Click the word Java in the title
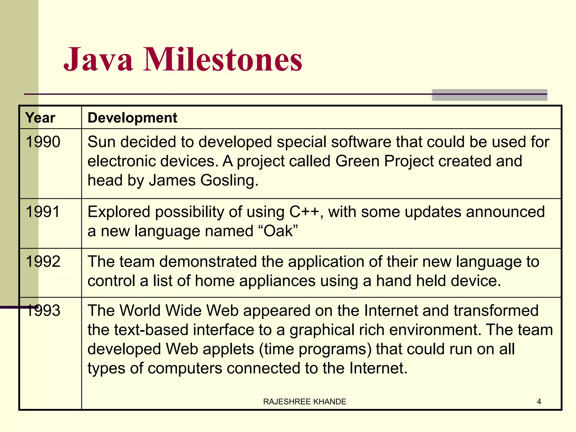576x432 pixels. point(98,60)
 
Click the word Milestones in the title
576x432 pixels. point(223,60)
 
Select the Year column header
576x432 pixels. point(40,118)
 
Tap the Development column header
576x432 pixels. point(132,118)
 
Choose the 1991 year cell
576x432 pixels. point(43,211)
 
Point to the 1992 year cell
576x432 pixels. point(43,261)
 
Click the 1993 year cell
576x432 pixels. point(43,310)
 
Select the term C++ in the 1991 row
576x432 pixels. point(305,211)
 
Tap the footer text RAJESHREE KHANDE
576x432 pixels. point(305,402)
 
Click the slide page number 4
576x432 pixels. point(539,402)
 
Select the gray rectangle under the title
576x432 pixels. point(489,95)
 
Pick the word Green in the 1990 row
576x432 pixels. point(357,161)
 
